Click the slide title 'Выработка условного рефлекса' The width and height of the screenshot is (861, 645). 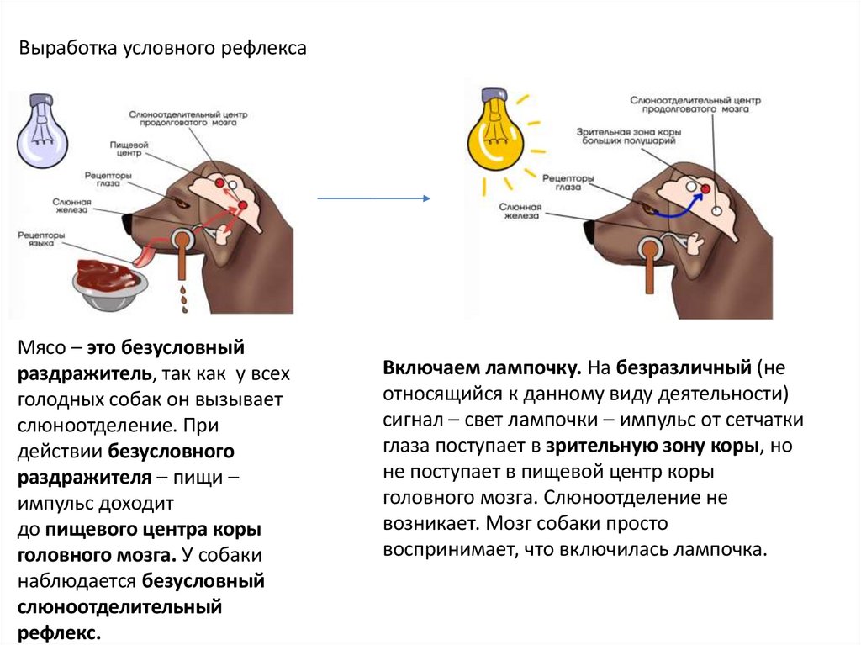(x=163, y=49)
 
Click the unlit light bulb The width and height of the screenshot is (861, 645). (x=42, y=130)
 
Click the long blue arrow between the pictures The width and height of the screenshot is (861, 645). (x=372, y=198)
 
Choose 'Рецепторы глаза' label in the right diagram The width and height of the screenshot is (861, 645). (x=568, y=182)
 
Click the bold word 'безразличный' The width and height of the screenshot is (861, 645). (x=683, y=368)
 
